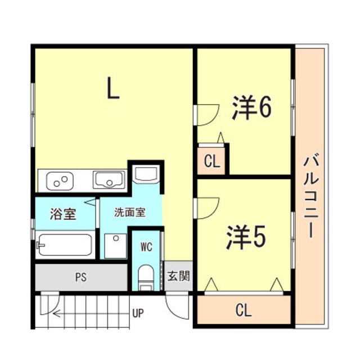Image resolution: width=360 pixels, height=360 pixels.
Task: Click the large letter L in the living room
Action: tap(114, 88)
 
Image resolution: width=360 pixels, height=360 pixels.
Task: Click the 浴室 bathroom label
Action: tap(62, 214)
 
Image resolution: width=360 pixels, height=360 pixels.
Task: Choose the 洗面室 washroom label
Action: tap(130, 213)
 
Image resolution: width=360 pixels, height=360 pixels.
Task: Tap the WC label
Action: tap(146, 246)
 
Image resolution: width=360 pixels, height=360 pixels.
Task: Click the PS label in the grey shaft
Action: tap(82, 277)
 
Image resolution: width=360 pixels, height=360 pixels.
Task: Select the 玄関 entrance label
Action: tap(178, 276)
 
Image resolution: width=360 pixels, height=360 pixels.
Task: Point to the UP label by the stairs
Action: tap(137, 313)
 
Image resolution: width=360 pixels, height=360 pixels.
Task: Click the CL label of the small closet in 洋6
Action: tap(211, 162)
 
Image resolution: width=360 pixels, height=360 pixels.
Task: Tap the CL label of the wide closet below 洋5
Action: tap(243, 310)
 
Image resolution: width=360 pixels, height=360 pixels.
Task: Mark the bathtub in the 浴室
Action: tap(64, 245)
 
